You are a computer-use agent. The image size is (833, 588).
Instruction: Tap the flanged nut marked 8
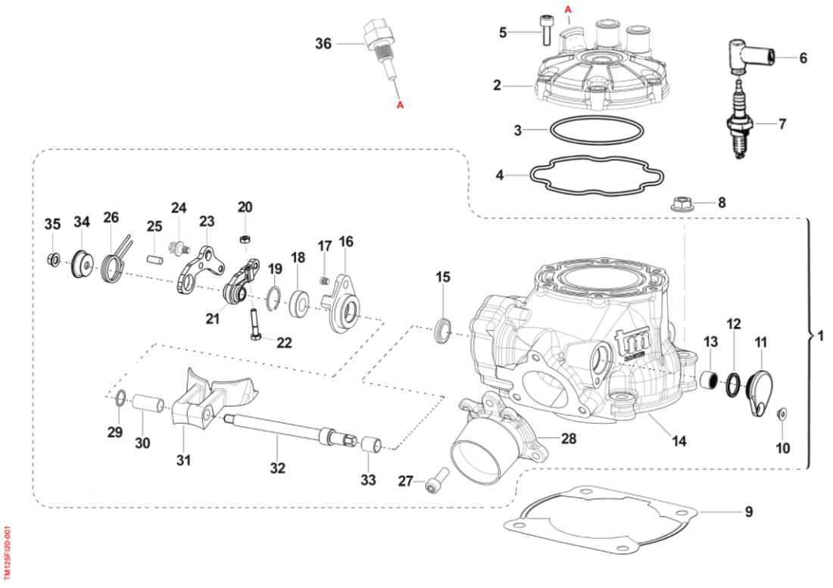click(679, 203)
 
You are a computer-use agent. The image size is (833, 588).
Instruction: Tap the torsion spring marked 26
click(114, 262)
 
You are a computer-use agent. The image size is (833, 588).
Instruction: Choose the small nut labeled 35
click(53, 260)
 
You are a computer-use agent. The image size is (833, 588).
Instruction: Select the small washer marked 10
click(782, 412)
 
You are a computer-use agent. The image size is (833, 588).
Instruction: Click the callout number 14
click(679, 440)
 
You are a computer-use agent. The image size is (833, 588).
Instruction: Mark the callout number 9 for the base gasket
click(748, 512)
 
